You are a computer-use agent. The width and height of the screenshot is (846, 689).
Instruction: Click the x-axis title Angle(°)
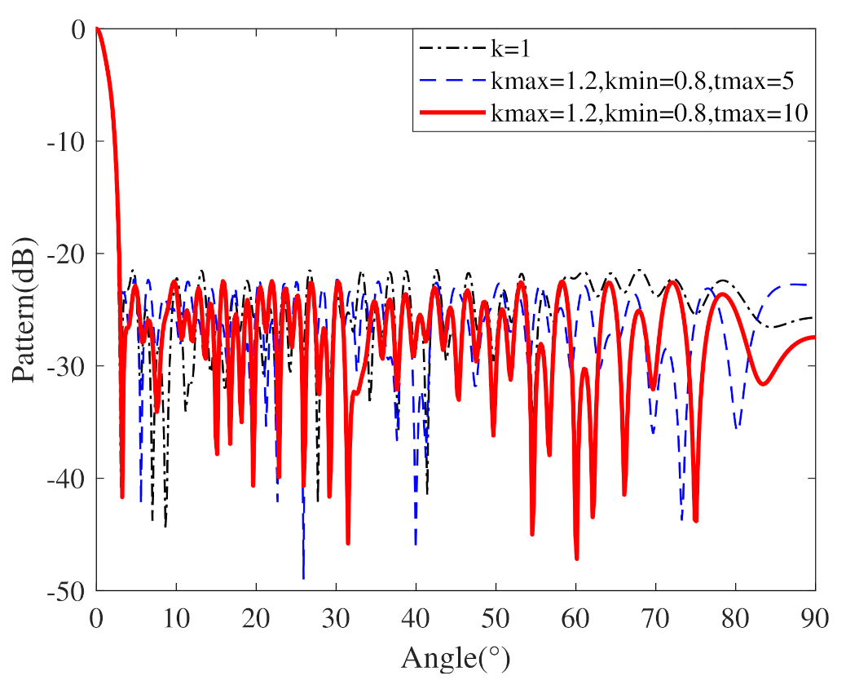click(x=456, y=657)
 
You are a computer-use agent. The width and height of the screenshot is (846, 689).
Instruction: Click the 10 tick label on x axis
click(x=176, y=616)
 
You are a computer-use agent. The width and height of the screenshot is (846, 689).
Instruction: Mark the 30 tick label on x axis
click(x=336, y=616)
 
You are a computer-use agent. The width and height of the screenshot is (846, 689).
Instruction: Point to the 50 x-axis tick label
click(x=496, y=616)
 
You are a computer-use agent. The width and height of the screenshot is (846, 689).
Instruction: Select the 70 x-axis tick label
click(x=655, y=616)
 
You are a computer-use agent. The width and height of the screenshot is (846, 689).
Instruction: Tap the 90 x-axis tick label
click(x=814, y=616)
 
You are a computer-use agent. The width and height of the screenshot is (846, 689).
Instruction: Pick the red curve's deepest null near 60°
click(x=576, y=559)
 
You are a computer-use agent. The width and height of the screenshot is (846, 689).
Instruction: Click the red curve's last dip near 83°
click(x=762, y=383)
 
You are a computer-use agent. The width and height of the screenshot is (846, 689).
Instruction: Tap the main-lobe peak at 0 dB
click(x=97, y=29)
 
